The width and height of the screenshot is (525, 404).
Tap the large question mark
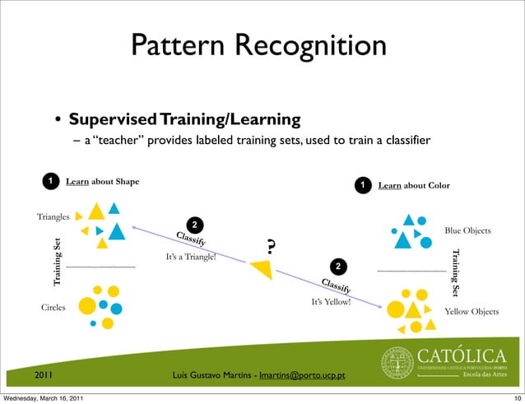point(270,246)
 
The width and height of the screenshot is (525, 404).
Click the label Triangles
point(53,216)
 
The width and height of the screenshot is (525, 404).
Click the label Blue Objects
point(467,230)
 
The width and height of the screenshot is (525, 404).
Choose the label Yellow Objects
point(471,312)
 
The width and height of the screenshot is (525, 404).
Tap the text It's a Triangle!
point(191,258)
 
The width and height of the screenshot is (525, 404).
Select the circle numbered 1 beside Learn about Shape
point(50,180)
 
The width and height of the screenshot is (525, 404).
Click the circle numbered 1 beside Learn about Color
point(360,186)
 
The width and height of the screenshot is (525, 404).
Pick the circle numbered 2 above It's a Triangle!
point(193,225)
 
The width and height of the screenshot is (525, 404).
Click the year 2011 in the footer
point(44,376)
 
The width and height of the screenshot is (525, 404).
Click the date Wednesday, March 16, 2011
point(48,398)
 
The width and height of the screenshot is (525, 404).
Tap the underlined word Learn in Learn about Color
point(389,186)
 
